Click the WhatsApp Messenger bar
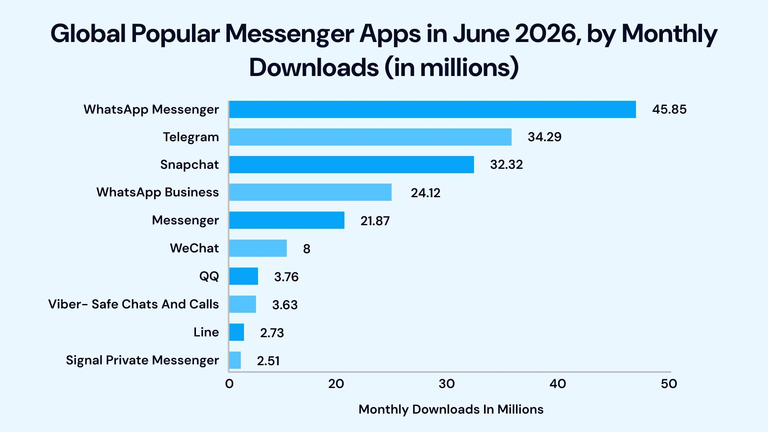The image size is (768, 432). click(x=432, y=109)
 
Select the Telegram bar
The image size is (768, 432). click(x=370, y=137)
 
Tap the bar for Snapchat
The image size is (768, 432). click(x=351, y=164)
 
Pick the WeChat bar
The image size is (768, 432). click(x=258, y=248)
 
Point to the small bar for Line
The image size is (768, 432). click(x=236, y=332)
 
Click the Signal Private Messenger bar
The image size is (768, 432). click(x=235, y=360)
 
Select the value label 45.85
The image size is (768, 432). click(x=669, y=109)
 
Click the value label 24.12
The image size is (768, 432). click(x=425, y=193)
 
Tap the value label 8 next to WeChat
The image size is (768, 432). click(x=306, y=249)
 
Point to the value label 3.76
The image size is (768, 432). click(x=286, y=277)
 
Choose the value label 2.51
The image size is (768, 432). click(x=268, y=361)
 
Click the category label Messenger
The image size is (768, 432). click(x=185, y=220)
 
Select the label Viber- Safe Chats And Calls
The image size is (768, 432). click(x=133, y=304)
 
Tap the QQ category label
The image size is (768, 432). click(x=209, y=276)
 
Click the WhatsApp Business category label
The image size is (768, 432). click(x=157, y=192)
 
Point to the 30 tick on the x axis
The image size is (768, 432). click(x=446, y=384)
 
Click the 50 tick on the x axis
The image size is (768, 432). click(x=668, y=384)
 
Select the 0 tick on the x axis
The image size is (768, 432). click(x=229, y=384)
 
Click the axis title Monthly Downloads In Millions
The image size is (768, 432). click(x=451, y=409)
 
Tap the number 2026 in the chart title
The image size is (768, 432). click(x=547, y=34)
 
